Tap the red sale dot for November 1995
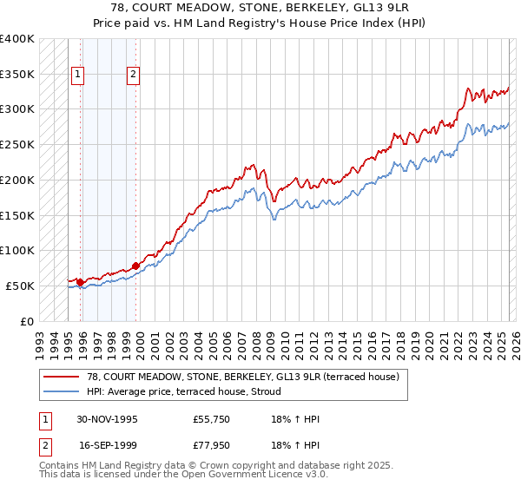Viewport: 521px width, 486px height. [80, 281]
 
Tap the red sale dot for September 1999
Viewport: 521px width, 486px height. [135, 266]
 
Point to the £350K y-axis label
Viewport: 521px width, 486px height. [17, 75]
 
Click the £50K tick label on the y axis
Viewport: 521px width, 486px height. [21, 286]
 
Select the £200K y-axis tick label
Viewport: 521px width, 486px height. [17, 181]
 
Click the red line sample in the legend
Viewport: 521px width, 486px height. [63, 377]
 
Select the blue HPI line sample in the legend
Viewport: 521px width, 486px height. [63, 391]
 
